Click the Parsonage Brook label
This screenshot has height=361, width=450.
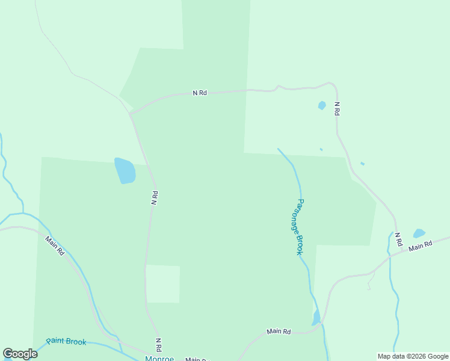(x=300, y=227)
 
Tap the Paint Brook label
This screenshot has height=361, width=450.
(x=66, y=342)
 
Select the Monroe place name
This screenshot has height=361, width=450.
(x=159, y=359)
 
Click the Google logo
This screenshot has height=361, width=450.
(x=20, y=354)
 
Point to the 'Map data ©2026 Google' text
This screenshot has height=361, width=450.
(x=413, y=356)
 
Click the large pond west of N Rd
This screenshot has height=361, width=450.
(x=125, y=171)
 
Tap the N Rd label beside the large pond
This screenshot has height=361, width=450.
(x=155, y=199)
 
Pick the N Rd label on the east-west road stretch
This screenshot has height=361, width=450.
(x=200, y=93)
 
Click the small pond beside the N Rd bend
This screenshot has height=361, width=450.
(x=322, y=105)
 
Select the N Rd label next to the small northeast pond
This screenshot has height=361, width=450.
(x=337, y=109)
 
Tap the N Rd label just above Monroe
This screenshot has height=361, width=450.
(x=158, y=345)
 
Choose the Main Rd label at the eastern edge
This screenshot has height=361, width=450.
(x=421, y=246)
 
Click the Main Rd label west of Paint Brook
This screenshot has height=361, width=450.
(x=54, y=245)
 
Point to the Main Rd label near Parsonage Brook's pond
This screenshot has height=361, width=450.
(x=279, y=332)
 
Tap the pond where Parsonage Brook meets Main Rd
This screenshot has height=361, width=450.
(x=316, y=318)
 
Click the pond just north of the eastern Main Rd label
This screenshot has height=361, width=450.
(x=419, y=233)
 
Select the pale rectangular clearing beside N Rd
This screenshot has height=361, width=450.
(x=163, y=283)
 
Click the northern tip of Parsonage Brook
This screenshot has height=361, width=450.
(x=278, y=149)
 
